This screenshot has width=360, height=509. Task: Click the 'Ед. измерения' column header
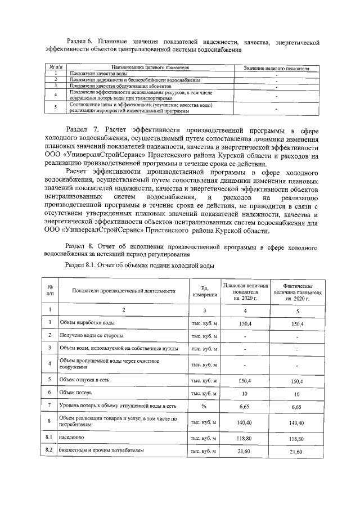click(201, 291)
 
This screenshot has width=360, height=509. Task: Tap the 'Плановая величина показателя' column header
click(244, 291)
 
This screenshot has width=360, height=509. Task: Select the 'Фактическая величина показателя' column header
click(297, 291)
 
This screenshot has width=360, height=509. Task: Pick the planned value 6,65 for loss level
click(244, 405)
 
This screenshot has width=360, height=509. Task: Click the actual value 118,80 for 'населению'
click(297, 437)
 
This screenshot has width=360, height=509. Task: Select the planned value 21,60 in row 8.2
click(244, 452)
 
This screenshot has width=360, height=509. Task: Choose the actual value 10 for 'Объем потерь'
click(297, 394)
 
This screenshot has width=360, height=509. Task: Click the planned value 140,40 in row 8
click(244, 421)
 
